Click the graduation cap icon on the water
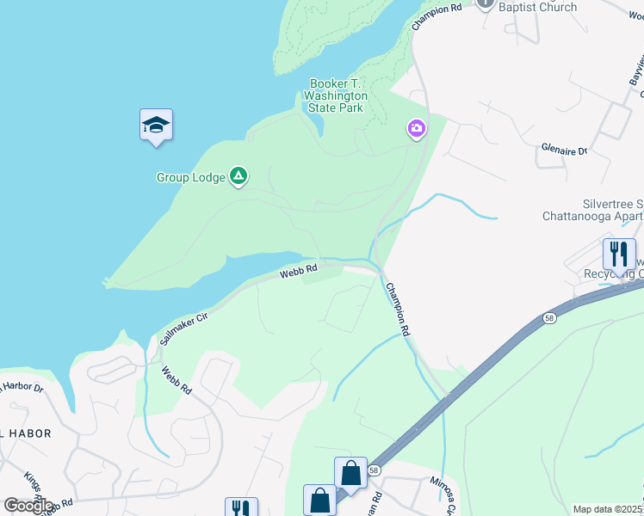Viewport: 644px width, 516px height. [156, 126]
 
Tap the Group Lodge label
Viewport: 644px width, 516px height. [190, 178]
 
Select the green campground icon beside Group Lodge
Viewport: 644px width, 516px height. [239, 177]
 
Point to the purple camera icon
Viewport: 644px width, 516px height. [417, 129]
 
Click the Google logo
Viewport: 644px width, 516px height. [28, 506]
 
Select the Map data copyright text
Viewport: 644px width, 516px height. [608, 509]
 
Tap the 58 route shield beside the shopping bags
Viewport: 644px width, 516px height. [375, 470]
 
